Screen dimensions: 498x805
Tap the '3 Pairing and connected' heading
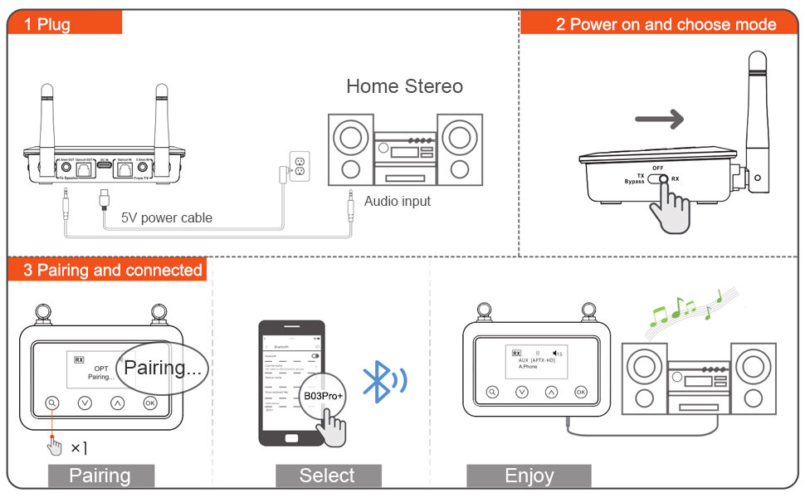pyautogui.click(x=113, y=270)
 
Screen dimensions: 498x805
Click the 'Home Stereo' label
pyautogui.click(x=404, y=86)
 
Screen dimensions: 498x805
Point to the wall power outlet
pyautogui.click(x=299, y=165)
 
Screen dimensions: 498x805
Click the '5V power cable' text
pyautogui.click(x=167, y=217)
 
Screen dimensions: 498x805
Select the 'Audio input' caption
pyautogui.click(x=398, y=201)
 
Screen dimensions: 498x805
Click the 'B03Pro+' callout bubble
pyautogui.click(x=323, y=396)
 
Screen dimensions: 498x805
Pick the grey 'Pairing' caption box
pyautogui.click(x=100, y=476)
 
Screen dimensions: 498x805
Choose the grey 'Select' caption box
pyautogui.click(x=327, y=476)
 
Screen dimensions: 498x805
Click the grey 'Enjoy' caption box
pyautogui.click(x=529, y=476)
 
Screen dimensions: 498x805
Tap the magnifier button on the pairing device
pyautogui.click(x=53, y=403)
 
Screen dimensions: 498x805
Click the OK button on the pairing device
pyautogui.click(x=150, y=403)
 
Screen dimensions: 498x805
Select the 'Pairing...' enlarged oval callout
pyautogui.click(x=162, y=367)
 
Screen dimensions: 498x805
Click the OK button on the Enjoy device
pyautogui.click(x=580, y=392)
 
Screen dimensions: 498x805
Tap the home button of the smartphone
pyautogui.click(x=290, y=439)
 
